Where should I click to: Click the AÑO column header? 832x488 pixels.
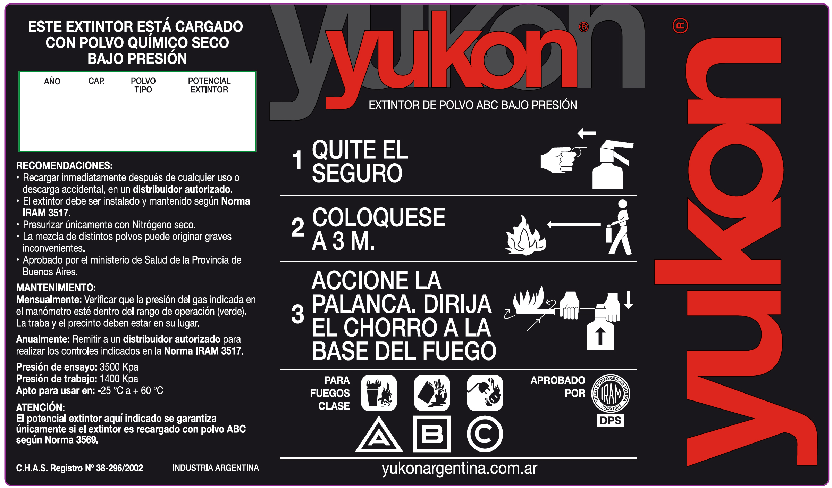(52, 81)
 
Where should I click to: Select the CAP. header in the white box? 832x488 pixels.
(96, 81)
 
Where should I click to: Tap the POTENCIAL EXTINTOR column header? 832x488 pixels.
(209, 85)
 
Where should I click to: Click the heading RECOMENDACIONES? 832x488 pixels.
(64, 165)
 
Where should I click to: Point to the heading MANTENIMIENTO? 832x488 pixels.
(56, 288)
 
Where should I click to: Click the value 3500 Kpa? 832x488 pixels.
(119, 367)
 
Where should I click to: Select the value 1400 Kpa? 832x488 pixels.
(119, 379)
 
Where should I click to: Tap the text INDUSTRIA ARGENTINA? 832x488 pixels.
(216, 468)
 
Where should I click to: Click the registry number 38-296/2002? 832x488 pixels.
(119, 468)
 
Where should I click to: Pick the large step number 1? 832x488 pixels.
(297, 160)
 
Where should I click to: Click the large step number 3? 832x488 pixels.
(298, 314)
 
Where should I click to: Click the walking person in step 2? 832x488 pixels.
(619, 227)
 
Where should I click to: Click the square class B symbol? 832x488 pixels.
(432, 434)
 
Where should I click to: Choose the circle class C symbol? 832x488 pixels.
(485, 434)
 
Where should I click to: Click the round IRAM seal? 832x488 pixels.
(611, 394)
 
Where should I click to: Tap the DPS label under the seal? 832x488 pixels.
(611, 421)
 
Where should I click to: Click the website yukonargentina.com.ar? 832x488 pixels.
(460, 469)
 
